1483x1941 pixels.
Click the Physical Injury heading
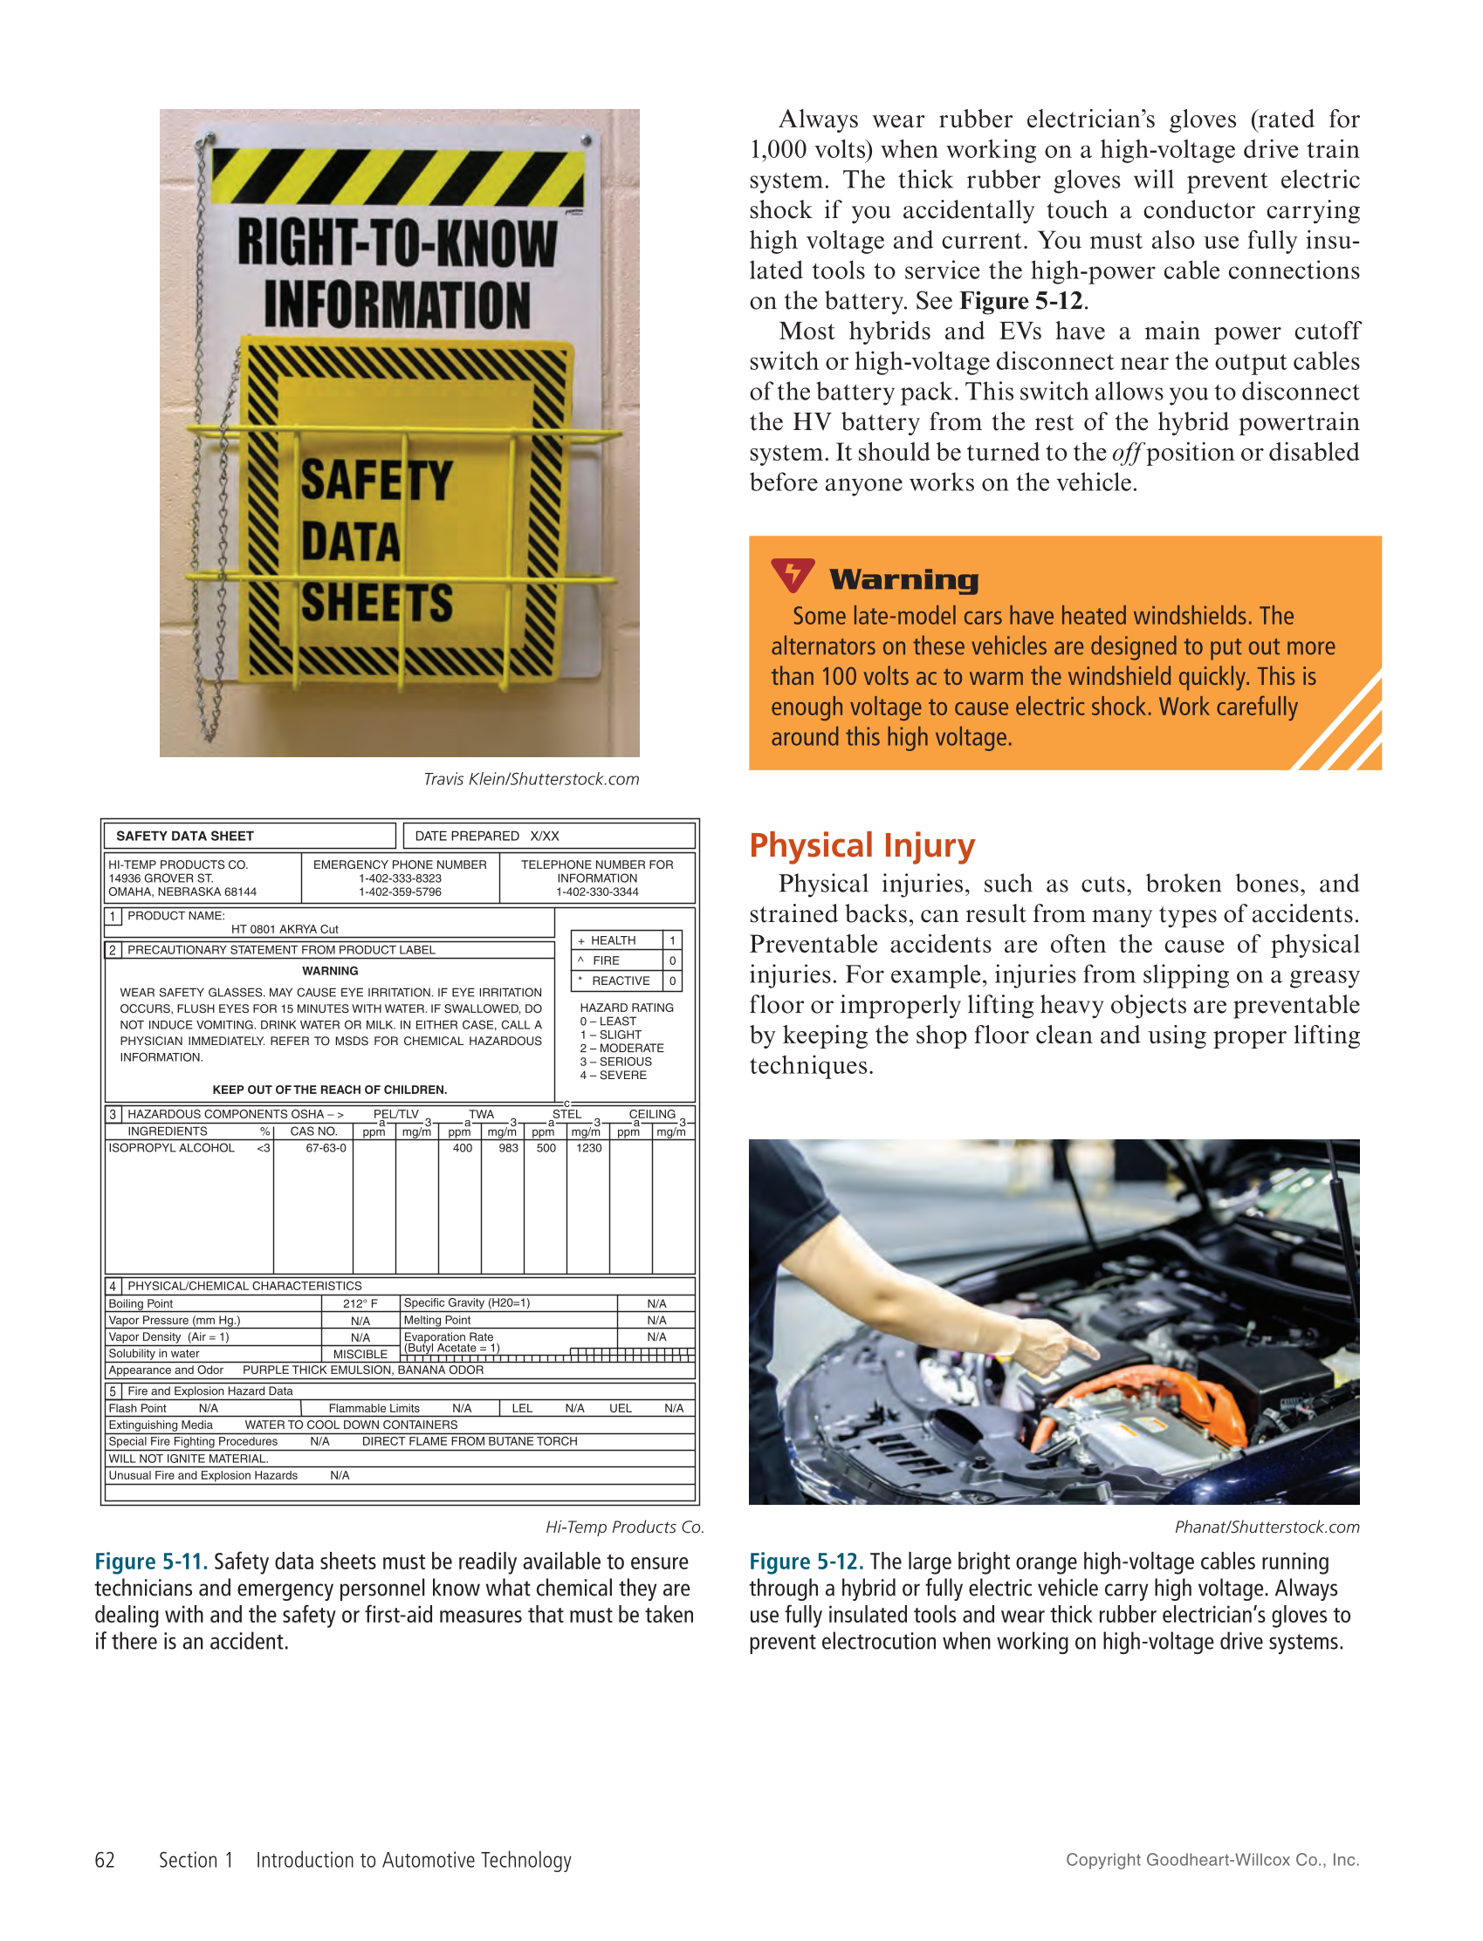(x=862, y=845)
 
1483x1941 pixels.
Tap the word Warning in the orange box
(x=904, y=579)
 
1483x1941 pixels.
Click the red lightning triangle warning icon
(x=792, y=575)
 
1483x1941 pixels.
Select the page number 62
(x=104, y=1860)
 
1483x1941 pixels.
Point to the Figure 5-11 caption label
(x=151, y=1562)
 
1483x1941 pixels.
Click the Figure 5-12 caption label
(x=806, y=1562)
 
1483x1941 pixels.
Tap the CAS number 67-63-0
(x=326, y=1148)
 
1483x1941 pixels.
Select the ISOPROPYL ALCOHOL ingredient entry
(x=171, y=1148)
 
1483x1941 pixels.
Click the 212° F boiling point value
(x=360, y=1303)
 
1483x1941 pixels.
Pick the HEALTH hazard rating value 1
(x=672, y=940)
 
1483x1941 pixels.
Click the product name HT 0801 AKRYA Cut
(x=285, y=929)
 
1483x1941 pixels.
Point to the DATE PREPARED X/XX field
(x=486, y=836)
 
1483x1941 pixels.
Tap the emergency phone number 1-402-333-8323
(x=400, y=878)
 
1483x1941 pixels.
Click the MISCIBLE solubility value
(x=360, y=1353)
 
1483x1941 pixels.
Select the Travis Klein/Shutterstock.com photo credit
(x=531, y=779)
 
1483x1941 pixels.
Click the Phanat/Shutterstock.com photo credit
(x=1267, y=1528)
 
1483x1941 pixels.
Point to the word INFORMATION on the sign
(x=397, y=304)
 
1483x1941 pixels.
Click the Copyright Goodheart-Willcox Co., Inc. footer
(x=1212, y=1860)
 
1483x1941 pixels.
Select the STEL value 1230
(x=589, y=1148)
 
